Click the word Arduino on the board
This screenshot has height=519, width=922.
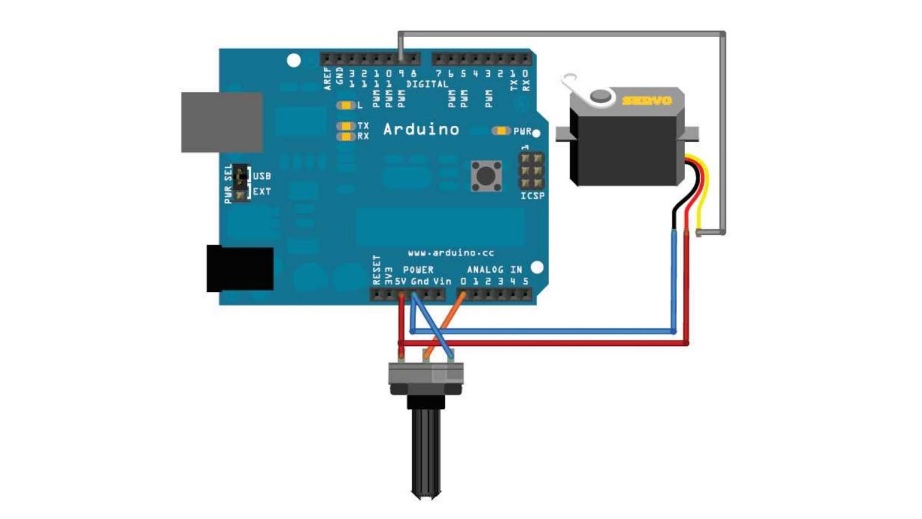pyautogui.click(x=421, y=129)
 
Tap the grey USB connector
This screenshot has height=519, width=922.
pyautogui.click(x=222, y=122)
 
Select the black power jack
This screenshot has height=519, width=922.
pyautogui.click(x=240, y=268)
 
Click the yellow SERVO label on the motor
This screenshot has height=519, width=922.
pyautogui.click(x=647, y=100)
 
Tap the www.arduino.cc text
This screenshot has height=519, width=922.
pyautogui.click(x=451, y=253)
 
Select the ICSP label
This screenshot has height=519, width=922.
pyautogui.click(x=532, y=196)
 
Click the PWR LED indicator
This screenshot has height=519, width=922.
pyautogui.click(x=501, y=131)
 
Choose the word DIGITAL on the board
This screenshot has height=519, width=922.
pyautogui.click(x=427, y=84)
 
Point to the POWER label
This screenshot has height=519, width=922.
pyautogui.click(x=418, y=269)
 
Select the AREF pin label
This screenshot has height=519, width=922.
pyautogui.click(x=328, y=79)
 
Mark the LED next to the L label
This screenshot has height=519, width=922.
pyautogui.click(x=346, y=106)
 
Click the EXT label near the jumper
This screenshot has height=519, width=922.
pyautogui.click(x=262, y=191)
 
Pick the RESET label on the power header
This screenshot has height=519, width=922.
pyautogui.click(x=376, y=270)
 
